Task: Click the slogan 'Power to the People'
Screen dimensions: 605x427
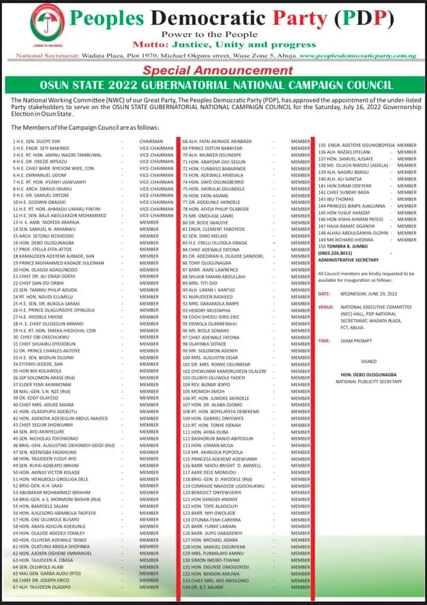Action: point(209,35)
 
